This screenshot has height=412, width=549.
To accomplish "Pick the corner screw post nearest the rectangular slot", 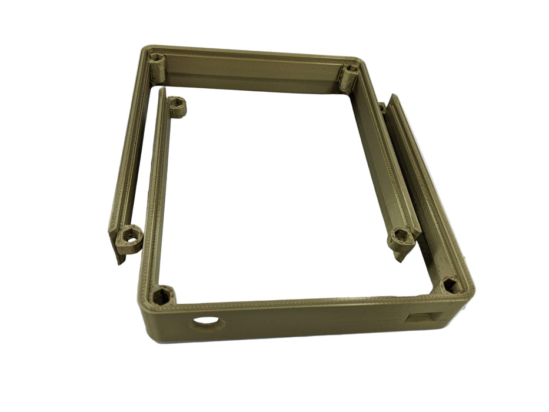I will [x=450, y=285].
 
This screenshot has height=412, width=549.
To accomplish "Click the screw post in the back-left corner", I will [x=157, y=59].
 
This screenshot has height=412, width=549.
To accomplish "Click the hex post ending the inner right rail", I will [x=401, y=237].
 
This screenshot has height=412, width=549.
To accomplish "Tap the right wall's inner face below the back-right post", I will [x=377, y=159].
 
